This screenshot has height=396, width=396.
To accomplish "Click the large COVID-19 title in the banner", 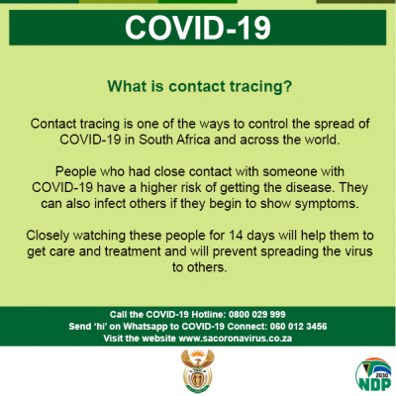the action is [x=198, y=28].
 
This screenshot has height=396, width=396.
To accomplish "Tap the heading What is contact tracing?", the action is [x=200, y=86].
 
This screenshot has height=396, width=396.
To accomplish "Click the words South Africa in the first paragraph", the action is [x=174, y=140].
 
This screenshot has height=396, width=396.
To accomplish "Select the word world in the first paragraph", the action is [x=322, y=140].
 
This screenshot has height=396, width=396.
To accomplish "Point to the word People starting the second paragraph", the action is [x=75, y=172].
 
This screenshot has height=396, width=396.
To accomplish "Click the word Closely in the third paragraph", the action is [x=48, y=236].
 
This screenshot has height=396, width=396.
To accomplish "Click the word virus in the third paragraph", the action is [x=357, y=251].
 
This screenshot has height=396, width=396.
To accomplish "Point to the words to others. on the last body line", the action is [x=200, y=267].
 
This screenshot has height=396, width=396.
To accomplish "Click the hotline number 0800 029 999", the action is [x=257, y=314].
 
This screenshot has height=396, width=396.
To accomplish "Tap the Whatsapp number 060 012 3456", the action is [x=298, y=327].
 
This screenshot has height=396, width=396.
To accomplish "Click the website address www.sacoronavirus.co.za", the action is [x=235, y=339].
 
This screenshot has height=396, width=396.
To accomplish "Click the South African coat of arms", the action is [x=198, y=371].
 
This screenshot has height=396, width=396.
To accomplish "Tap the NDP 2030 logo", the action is [x=373, y=375].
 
